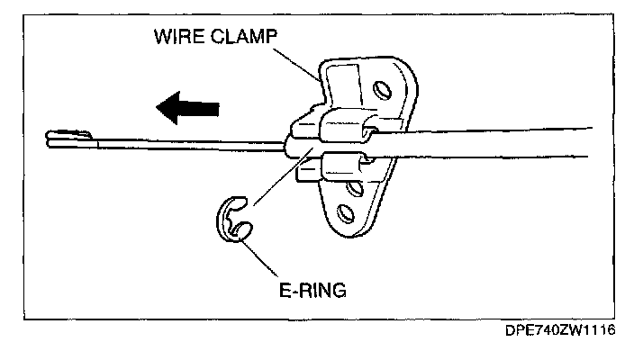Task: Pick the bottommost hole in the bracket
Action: pos(343,213)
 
